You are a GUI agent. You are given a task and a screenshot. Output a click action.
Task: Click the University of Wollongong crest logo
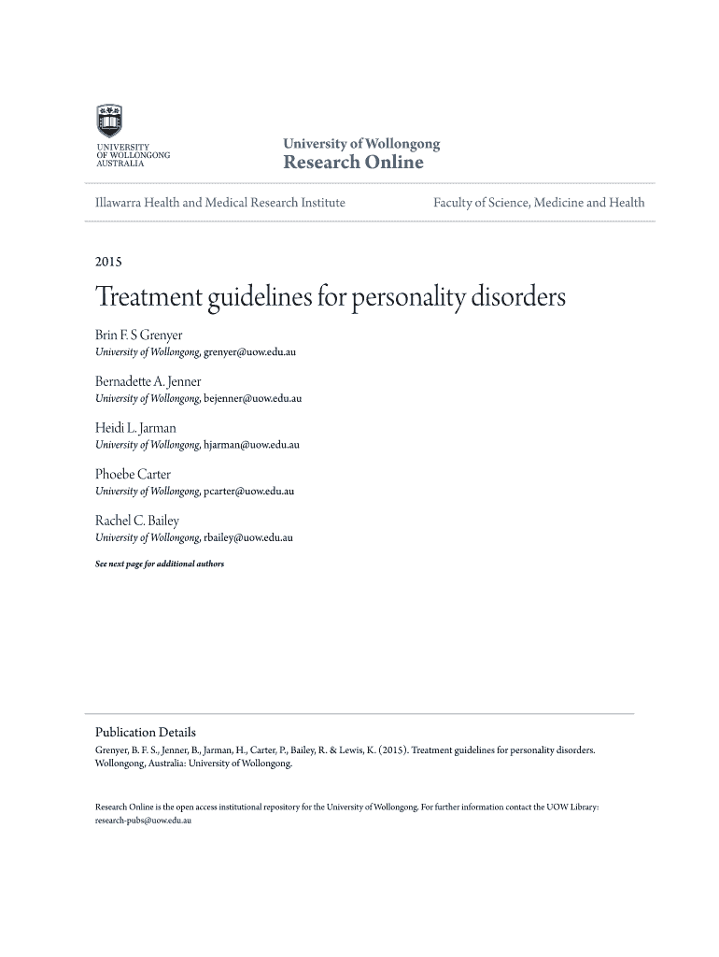tap(109, 121)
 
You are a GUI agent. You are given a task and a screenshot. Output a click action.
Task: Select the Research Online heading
tap(353, 163)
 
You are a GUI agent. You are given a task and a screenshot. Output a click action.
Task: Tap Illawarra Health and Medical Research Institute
tap(220, 202)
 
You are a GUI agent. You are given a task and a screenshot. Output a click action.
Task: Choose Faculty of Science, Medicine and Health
tap(539, 202)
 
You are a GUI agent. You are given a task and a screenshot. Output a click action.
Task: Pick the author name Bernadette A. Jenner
tap(148, 381)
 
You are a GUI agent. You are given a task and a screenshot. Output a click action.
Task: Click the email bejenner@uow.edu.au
tap(252, 399)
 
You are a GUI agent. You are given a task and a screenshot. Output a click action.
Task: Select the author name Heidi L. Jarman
tap(135, 428)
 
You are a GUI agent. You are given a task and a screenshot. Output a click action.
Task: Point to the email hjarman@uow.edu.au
tap(251, 445)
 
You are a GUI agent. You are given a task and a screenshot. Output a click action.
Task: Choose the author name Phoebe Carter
tap(134, 474)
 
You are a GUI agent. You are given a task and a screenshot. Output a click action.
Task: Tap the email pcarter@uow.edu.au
tap(248, 492)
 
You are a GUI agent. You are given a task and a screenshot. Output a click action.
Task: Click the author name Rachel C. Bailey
tap(137, 521)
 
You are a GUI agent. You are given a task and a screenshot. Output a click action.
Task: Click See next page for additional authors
tap(160, 564)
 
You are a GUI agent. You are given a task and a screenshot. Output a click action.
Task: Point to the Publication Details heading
tap(146, 732)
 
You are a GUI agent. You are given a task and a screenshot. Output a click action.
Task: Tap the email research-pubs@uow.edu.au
tap(143, 820)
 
